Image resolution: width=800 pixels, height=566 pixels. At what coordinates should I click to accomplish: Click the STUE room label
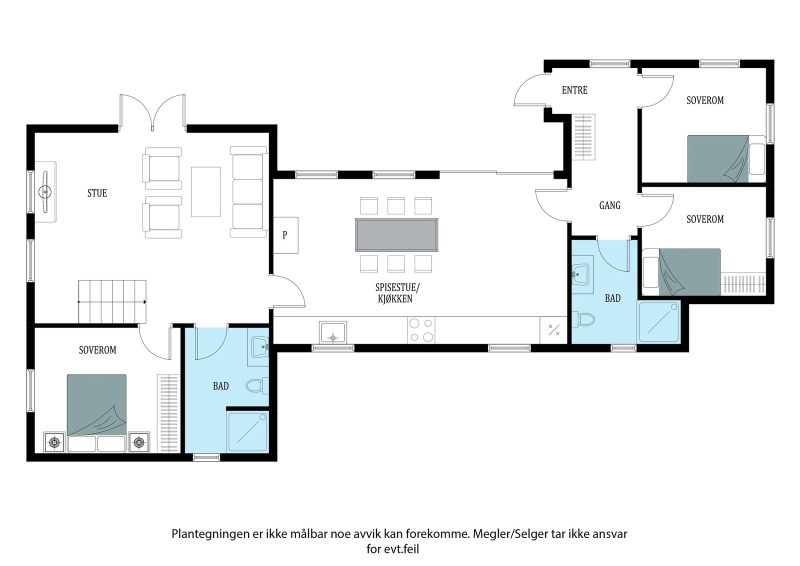click(97, 193)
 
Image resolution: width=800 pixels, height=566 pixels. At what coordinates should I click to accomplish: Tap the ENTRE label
click(574, 90)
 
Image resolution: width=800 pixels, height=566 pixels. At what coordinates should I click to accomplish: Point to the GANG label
click(609, 205)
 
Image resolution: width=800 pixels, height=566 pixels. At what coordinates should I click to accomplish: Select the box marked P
click(285, 235)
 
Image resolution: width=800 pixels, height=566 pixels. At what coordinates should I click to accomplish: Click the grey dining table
click(396, 234)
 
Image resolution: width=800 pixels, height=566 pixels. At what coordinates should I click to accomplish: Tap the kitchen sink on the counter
click(333, 333)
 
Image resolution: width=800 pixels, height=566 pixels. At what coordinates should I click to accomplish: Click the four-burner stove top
click(421, 330)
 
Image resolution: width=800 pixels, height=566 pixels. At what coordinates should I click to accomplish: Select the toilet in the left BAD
click(257, 385)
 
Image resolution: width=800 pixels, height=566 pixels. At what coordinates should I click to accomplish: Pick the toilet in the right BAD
click(583, 319)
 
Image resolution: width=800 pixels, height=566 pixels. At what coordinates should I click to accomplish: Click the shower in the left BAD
click(248, 431)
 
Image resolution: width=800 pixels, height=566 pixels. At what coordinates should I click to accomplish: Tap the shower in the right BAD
click(658, 322)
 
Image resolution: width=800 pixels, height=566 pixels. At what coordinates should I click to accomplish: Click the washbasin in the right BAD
click(581, 274)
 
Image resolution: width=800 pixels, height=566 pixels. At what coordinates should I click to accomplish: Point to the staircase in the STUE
click(112, 301)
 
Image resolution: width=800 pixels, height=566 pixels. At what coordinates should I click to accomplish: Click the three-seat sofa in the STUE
click(249, 192)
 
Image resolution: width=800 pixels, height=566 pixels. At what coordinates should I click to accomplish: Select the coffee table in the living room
click(205, 192)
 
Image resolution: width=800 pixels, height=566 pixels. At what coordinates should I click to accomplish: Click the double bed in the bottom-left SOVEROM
click(96, 413)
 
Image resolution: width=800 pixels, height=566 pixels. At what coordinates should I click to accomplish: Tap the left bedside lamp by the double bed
click(54, 442)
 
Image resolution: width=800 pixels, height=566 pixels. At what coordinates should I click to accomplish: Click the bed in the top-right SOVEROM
click(726, 159)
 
